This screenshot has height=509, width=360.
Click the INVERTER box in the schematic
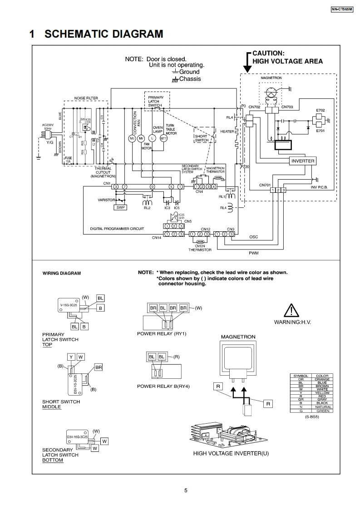(303, 161)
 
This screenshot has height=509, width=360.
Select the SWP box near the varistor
(120, 207)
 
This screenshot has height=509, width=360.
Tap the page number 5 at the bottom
(186, 490)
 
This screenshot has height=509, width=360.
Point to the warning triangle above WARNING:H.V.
(291, 310)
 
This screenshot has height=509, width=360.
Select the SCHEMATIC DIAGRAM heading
(104, 34)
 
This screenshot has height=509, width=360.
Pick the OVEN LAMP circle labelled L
(153, 138)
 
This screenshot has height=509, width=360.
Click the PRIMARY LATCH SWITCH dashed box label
(156, 101)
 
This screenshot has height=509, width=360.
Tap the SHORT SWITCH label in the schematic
(202, 138)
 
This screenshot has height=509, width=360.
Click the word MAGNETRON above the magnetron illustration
(238, 337)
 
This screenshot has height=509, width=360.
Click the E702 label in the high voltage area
(321, 110)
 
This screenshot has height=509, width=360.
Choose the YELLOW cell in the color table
(322, 393)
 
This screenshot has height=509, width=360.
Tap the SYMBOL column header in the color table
(301, 376)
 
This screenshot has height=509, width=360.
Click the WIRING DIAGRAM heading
(62, 274)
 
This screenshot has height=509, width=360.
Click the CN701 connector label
(265, 185)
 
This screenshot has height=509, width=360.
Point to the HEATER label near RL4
(227, 132)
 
